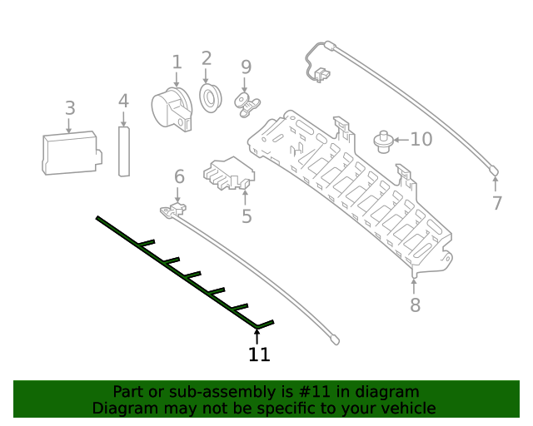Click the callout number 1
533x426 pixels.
[x=177, y=62]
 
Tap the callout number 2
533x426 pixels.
[x=207, y=58]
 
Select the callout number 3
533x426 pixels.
[x=70, y=108]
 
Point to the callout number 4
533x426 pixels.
[x=123, y=102]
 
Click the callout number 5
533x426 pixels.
[x=247, y=216]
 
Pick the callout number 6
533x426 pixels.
[x=179, y=176]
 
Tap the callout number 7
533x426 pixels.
[x=497, y=203]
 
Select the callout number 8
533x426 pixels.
[x=416, y=305]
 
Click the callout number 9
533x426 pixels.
[x=246, y=67]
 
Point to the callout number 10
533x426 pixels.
[x=421, y=139]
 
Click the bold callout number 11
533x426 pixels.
[x=259, y=355]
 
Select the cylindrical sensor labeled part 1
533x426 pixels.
[x=172, y=108]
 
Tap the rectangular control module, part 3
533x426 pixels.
[x=71, y=152]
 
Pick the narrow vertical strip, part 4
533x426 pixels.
[x=124, y=151]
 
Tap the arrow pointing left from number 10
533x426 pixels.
[x=401, y=140]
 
